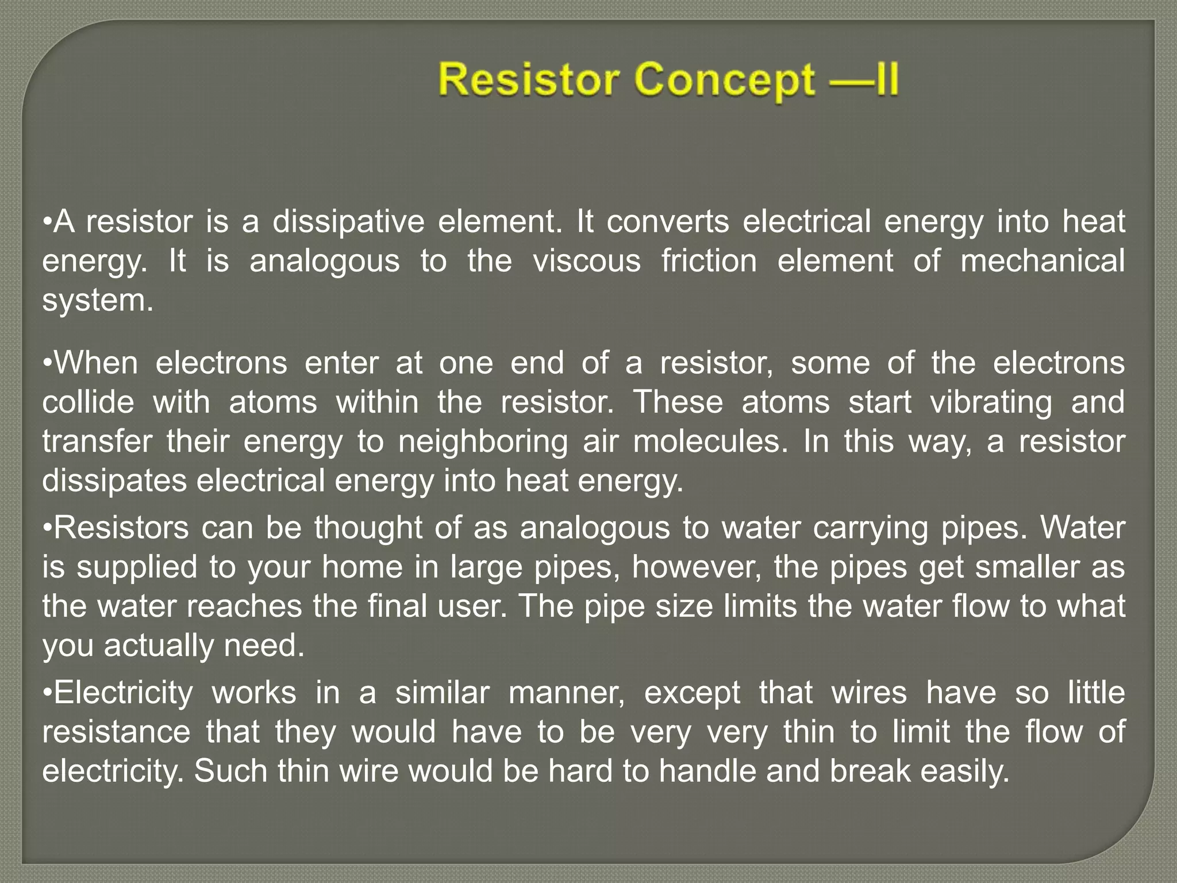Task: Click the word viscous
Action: click(x=586, y=261)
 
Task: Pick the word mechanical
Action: click(x=1042, y=261)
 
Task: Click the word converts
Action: click(x=668, y=222)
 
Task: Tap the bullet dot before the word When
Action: click(x=48, y=363)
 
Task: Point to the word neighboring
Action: click(x=483, y=442)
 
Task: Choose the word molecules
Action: click(x=710, y=441)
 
